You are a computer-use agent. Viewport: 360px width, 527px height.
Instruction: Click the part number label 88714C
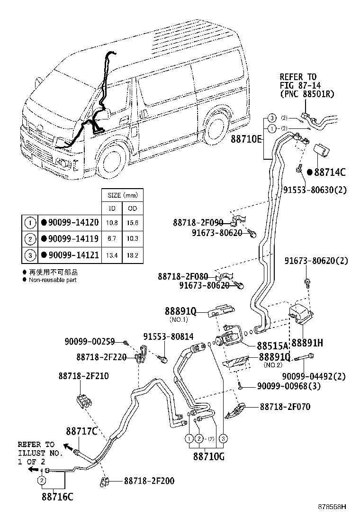pos(330,173)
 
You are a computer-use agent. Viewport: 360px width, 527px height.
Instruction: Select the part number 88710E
pos(246,140)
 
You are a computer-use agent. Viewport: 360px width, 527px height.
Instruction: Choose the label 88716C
pos(57,497)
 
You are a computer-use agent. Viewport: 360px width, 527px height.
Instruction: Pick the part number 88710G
pos(208,457)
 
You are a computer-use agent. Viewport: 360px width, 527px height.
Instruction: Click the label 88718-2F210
pos(84,376)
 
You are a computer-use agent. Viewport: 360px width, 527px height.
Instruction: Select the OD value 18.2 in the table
pos(133,255)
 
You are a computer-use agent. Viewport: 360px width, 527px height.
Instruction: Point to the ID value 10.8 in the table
pos(113,222)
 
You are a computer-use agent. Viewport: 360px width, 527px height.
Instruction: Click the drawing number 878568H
pos(332,506)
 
